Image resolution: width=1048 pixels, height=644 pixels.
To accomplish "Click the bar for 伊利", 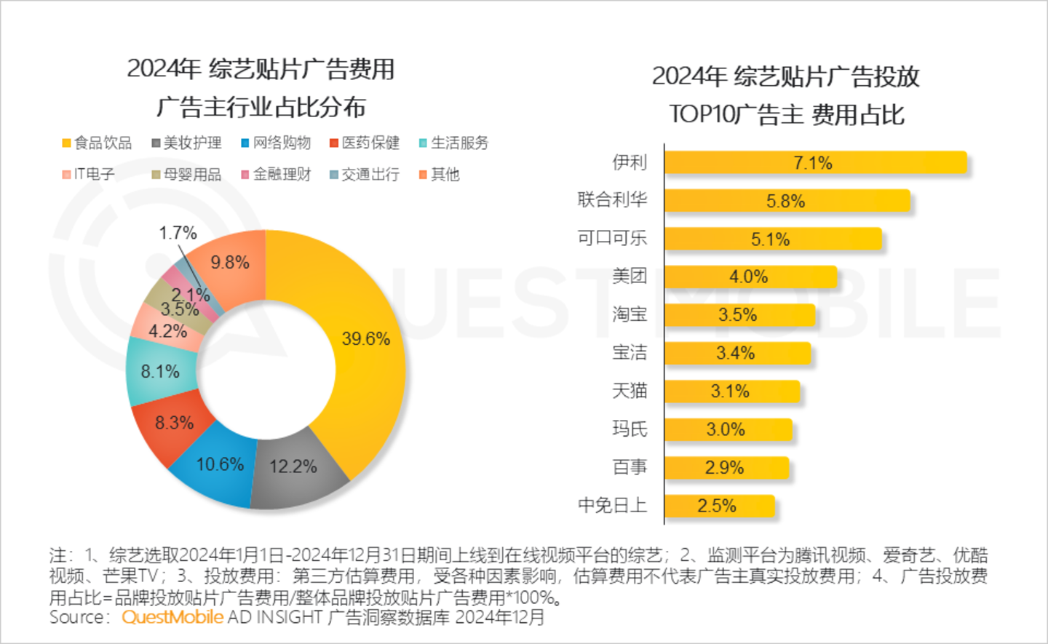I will pos(815,163).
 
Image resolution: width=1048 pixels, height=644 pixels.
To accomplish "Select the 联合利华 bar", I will pos(787,201).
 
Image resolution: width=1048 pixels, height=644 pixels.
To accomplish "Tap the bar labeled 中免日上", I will pos(719,506).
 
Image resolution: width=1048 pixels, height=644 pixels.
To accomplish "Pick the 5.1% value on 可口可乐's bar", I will pos(770,239).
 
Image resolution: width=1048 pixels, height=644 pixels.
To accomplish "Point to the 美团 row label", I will pos(629,276).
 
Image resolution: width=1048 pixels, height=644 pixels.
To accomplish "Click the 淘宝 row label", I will pos(629,314).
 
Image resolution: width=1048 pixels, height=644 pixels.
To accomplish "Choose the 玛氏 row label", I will pos(629,429).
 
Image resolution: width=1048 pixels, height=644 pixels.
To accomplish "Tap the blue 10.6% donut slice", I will pos(218,466).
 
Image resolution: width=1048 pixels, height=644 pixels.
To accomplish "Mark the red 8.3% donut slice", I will pos(173,424).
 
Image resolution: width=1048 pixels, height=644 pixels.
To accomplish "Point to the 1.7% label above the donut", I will pos(178,233).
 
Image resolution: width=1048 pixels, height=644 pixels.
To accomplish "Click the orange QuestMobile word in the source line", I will pos(172,617).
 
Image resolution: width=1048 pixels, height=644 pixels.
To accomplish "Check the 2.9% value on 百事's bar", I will pos(724,468).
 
